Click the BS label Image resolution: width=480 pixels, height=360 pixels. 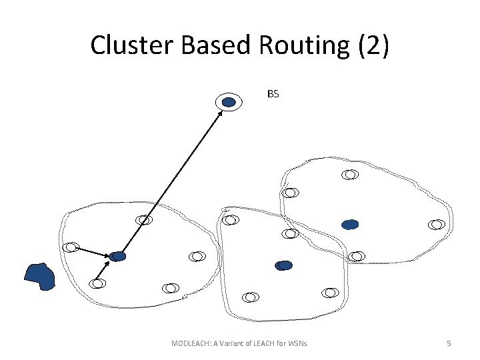pos(273,94)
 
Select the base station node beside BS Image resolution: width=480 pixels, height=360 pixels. pos(229,102)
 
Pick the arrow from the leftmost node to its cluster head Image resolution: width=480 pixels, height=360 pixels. pos(93,251)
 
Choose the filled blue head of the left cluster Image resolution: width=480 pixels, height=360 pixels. pos(118,256)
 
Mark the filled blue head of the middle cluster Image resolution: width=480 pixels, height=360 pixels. pos(284,265)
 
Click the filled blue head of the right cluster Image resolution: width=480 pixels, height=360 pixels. pos(350,225)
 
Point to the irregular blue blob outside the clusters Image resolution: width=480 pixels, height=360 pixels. pos(39,277)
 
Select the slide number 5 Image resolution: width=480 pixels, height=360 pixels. pos(449,343)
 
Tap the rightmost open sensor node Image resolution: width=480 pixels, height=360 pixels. pos(437,225)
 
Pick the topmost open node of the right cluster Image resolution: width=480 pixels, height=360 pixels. pos(350,175)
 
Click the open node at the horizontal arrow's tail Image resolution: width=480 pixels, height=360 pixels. pos(71,247)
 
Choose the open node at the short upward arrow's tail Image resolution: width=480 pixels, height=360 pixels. pos(97,283)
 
